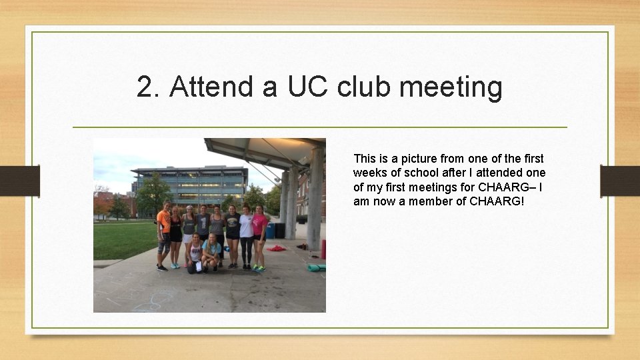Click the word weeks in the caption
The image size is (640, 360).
pyautogui.click(x=369, y=173)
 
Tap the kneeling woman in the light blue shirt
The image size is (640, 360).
pyautogui.click(x=213, y=253)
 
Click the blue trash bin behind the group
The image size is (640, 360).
pyautogui.click(x=270, y=231)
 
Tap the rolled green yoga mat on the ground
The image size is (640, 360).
pyautogui.click(x=315, y=268)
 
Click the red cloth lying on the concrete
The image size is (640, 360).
pyautogui.click(x=276, y=248)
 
